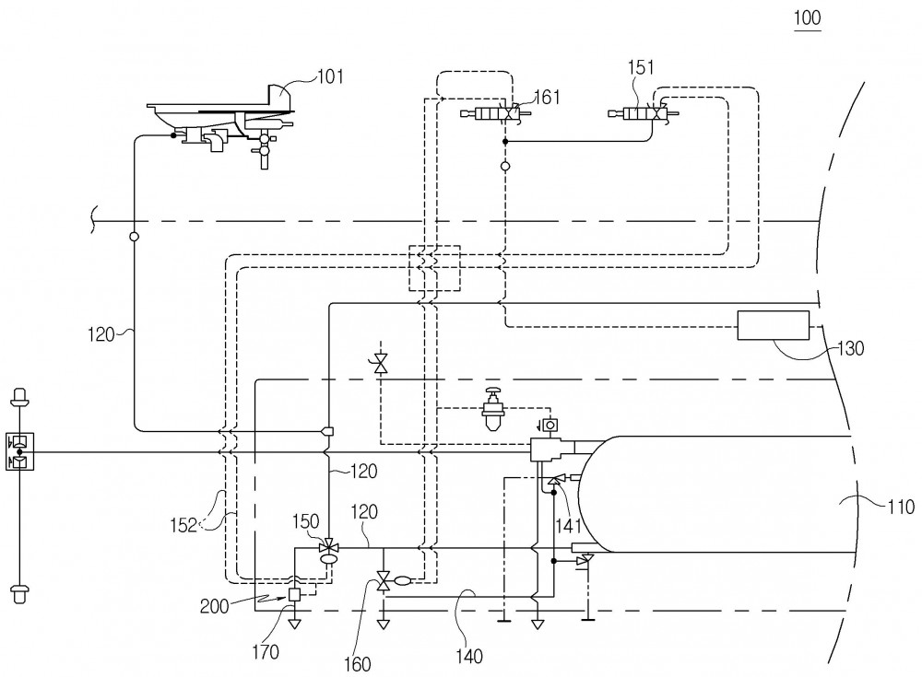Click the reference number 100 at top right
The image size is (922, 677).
coord(808,18)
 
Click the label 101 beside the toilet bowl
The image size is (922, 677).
coord(330,76)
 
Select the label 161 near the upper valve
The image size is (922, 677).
coord(547,97)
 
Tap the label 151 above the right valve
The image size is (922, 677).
coord(641,67)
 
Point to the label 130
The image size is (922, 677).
coord(850,348)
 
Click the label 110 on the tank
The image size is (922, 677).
coord(900,506)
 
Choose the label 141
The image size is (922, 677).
coord(569,525)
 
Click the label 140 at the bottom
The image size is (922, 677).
coord(468,656)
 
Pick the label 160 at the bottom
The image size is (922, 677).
coord(358,664)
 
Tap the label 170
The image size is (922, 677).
coord(266,651)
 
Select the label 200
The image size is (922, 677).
coord(214,606)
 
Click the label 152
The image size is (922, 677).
coord(184,525)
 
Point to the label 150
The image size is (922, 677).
coord(306,521)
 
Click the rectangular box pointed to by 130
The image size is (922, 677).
coord(774,325)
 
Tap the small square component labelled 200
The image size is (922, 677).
coord(295,595)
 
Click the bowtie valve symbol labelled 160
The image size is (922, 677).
coord(384,581)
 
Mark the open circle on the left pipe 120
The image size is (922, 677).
coord(134,237)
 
